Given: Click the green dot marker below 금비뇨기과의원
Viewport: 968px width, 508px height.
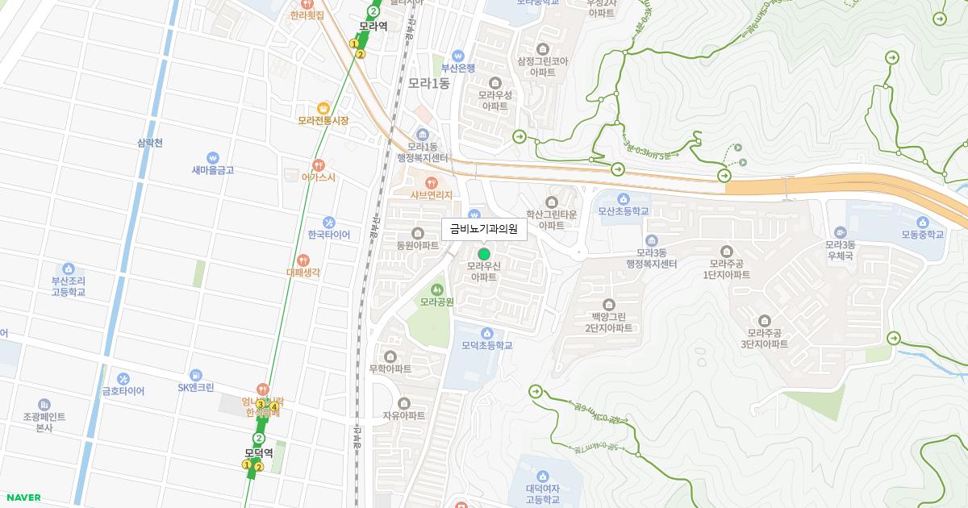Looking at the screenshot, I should click(x=484, y=254).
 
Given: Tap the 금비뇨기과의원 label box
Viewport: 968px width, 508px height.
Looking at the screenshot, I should click(x=484, y=229).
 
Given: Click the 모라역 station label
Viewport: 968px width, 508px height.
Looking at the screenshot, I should click(x=373, y=26).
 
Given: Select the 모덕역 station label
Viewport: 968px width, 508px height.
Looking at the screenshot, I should click(x=259, y=453).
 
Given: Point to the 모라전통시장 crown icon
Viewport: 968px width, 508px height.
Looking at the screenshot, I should click(x=323, y=107).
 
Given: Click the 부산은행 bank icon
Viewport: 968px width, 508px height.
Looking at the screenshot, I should click(x=458, y=56).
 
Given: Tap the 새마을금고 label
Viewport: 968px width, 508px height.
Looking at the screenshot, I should click(x=213, y=170).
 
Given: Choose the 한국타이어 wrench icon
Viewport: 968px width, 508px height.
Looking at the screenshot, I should click(x=328, y=222).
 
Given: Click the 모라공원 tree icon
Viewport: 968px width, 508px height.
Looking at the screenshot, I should click(x=437, y=289).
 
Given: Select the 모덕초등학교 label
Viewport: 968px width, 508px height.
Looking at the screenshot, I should click(x=487, y=345).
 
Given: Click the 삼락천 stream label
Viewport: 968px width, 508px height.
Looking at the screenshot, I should click(x=150, y=143).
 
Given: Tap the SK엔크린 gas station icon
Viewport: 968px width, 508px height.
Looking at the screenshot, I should click(x=196, y=375).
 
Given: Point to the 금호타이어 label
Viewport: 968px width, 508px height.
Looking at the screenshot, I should click(x=123, y=391).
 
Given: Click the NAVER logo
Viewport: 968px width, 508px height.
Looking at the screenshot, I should click(x=23, y=498).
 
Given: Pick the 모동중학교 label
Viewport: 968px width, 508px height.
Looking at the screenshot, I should click(x=923, y=235).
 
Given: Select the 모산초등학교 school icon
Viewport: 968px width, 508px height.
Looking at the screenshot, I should click(x=623, y=198).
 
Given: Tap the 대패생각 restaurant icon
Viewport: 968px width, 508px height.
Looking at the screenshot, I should click(x=303, y=260).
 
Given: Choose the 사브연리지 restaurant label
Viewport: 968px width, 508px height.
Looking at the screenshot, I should click(x=432, y=194).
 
